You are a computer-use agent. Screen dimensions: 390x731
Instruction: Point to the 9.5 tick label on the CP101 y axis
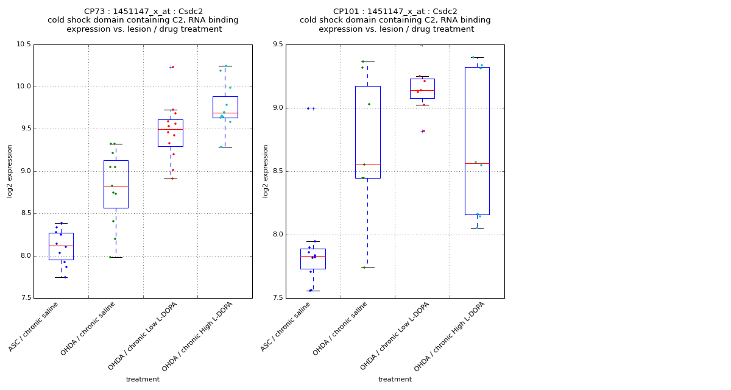click(277, 44)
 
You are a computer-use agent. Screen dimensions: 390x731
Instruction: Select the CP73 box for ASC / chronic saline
click(61, 246)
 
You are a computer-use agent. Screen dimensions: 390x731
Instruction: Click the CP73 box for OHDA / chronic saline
click(116, 184)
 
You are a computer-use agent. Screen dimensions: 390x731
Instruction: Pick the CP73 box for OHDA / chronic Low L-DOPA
click(170, 133)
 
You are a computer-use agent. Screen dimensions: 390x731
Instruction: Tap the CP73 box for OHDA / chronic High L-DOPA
click(225, 107)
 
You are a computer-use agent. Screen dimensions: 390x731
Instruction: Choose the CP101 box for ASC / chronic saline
click(313, 258)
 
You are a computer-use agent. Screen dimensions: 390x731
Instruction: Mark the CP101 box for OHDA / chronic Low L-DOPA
click(422, 88)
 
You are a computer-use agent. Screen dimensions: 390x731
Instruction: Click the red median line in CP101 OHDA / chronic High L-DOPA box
click(477, 163)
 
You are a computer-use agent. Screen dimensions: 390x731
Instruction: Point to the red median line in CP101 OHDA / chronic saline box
click(367, 165)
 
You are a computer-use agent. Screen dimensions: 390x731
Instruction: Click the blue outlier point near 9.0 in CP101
click(308, 108)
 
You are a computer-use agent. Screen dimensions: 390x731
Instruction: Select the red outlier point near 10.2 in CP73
click(173, 67)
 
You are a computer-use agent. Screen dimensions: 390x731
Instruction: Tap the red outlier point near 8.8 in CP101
click(423, 131)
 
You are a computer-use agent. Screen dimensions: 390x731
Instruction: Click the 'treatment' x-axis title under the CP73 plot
click(143, 380)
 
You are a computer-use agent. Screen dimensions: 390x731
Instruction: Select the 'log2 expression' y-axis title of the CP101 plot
click(266, 171)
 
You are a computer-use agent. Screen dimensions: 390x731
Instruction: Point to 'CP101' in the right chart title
click(345, 12)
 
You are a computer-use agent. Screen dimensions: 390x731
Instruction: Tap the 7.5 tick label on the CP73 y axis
click(25, 298)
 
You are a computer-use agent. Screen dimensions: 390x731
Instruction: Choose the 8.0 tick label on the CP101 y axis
click(277, 235)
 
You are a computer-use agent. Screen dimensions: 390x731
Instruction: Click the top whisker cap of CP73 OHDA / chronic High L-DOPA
click(225, 66)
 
